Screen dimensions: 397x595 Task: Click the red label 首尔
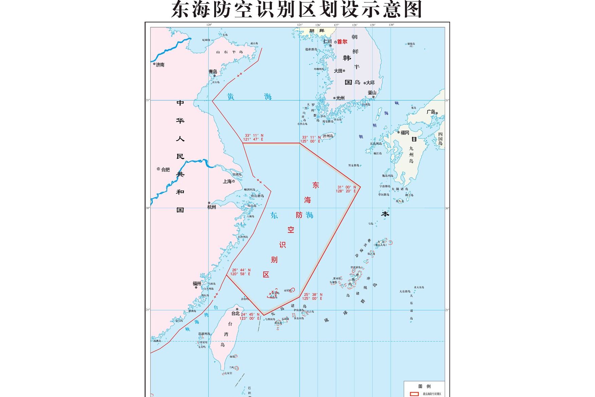tap(342, 42)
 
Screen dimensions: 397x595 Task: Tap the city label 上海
tap(227, 181)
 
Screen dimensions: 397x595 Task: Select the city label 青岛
tap(213, 72)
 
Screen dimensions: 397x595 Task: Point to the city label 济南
tap(160, 65)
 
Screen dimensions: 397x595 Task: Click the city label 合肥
tap(165, 169)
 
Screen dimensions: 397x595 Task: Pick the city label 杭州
tap(211, 207)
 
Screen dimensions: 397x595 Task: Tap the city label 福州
tap(197, 284)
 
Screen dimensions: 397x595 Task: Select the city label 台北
tap(236, 313)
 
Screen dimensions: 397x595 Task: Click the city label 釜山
tap(372, 92)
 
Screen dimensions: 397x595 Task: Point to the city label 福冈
tap(405, 133)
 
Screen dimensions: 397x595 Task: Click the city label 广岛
tap(431, 112)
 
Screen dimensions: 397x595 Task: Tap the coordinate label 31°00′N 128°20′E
tap(346, 189)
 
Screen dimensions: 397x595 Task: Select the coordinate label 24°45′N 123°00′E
tap(250, 317)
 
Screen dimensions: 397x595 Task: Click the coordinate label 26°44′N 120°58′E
tap(241, 272)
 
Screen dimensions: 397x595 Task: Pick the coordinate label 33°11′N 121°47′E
tap(253, 137)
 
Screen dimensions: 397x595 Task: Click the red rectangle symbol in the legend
tap(414, 394)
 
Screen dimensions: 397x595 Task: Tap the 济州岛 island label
tap(328, 136)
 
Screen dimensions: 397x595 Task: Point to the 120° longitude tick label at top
tap(209, 25)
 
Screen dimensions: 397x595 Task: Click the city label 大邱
tap(370, 83)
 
